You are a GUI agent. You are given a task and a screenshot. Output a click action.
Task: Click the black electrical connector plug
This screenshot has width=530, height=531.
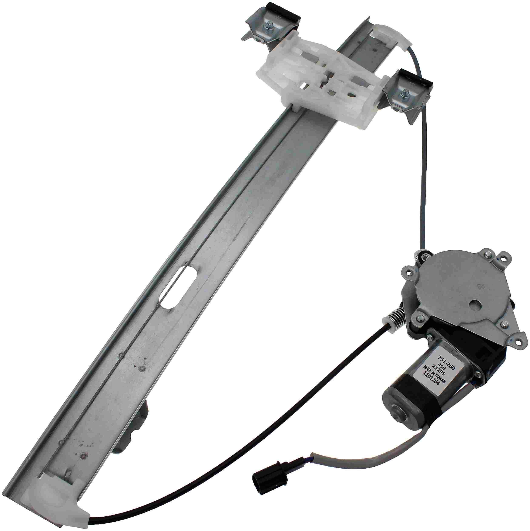click(x=269, y=479)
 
